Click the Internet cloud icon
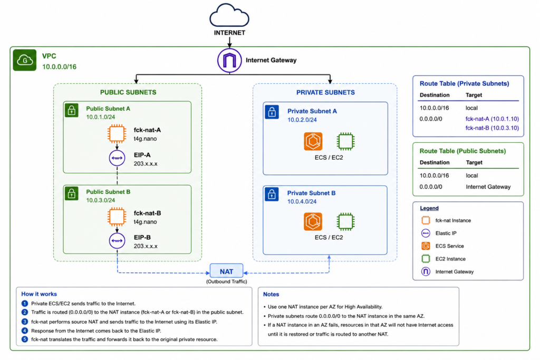click(x=229, y=15)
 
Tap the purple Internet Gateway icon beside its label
click(x=229, y=60)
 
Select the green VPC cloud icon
click(x=25, y=60)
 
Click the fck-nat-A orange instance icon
click(x=117, y=133)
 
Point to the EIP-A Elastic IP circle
click(x=117, y=158)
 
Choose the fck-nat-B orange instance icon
click(x=117, y=217)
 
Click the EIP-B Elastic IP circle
click(x=117, y=240)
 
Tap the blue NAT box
click(x=226, y=271)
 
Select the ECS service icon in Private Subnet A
click(x=313, y=141)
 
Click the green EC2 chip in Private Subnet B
click(x=345, y=221)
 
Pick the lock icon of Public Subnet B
click(x=72, y=194)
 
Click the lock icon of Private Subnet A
click(x=272, y=112)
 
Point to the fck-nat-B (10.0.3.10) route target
click(x=492, y=128)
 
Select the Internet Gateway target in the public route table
click(x=488, y=187)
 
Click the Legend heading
click(x=429, y=208)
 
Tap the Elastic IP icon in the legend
click(x=426, y=233)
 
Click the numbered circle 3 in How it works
click(x=24, y=322)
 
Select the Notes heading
click(x=271, y=294)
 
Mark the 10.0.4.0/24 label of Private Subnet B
click(x=302, y=202)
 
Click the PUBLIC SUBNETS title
click(x=128, y=92)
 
